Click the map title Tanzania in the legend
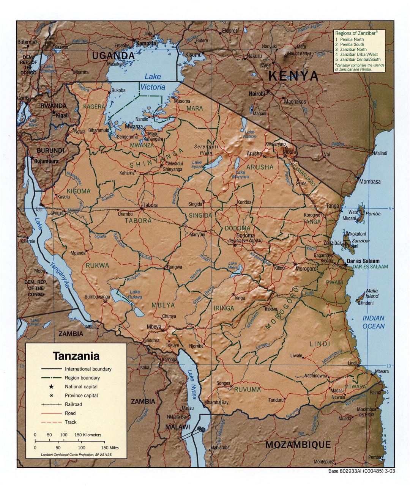(x=76, y=356)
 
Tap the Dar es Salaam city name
(x=363, y=261)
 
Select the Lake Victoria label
(x=153, y=82)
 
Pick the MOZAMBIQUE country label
(x=298, y=444)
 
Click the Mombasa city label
(x=369, y=182)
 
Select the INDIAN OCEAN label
(x=373, y=322)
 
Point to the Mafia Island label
(x=372, y=294)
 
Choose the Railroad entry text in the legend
(x=73, y=404)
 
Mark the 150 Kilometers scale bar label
(x=87, y=435)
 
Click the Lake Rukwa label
(x=134, y=294)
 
